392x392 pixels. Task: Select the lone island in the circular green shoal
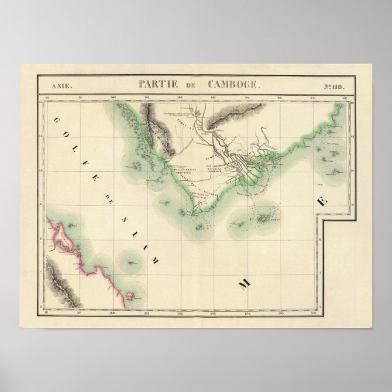click(x=132, y=264)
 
